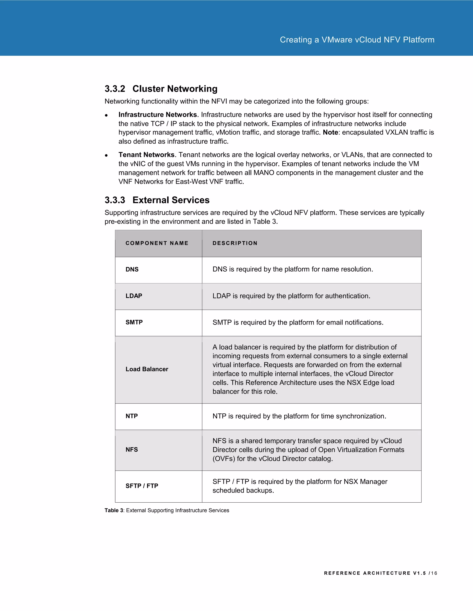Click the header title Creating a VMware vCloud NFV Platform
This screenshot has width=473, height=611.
coord(357,40)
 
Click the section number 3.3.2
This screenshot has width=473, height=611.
coord(115,89)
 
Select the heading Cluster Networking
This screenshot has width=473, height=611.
coord(175,89)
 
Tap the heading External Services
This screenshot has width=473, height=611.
coord(171,200)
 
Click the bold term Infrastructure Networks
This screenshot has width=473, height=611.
coord(158,115)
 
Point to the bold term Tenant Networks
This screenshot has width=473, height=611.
coord(146,155)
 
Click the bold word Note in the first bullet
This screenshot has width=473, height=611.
coord(330,132)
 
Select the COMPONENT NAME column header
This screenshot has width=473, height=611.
coord(157,243)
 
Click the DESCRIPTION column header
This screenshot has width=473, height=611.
coord(235,243)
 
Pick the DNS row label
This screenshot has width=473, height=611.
coord(132,269)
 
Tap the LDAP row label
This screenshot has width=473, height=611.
coord(134,296)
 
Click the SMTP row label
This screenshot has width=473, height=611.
coord(134,322)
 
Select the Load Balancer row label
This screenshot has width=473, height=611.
coord(147,369)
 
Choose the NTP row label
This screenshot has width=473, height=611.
coord(131,416)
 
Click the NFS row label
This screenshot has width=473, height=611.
coord(131,450)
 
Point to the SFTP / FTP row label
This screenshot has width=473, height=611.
coord(142,486)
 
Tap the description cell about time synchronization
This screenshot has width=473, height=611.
coord(299,416)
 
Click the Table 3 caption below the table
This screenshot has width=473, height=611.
coord(167,510)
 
